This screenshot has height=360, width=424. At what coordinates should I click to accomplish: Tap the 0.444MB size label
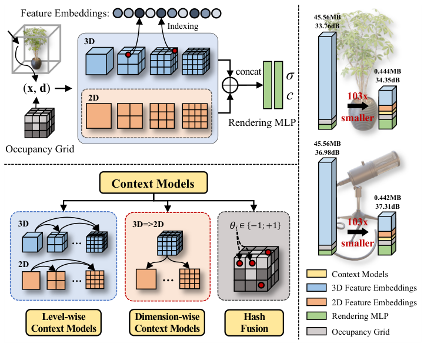(x=388, y=72)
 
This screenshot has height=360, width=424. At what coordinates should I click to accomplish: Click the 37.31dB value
(x=386, y=206)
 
